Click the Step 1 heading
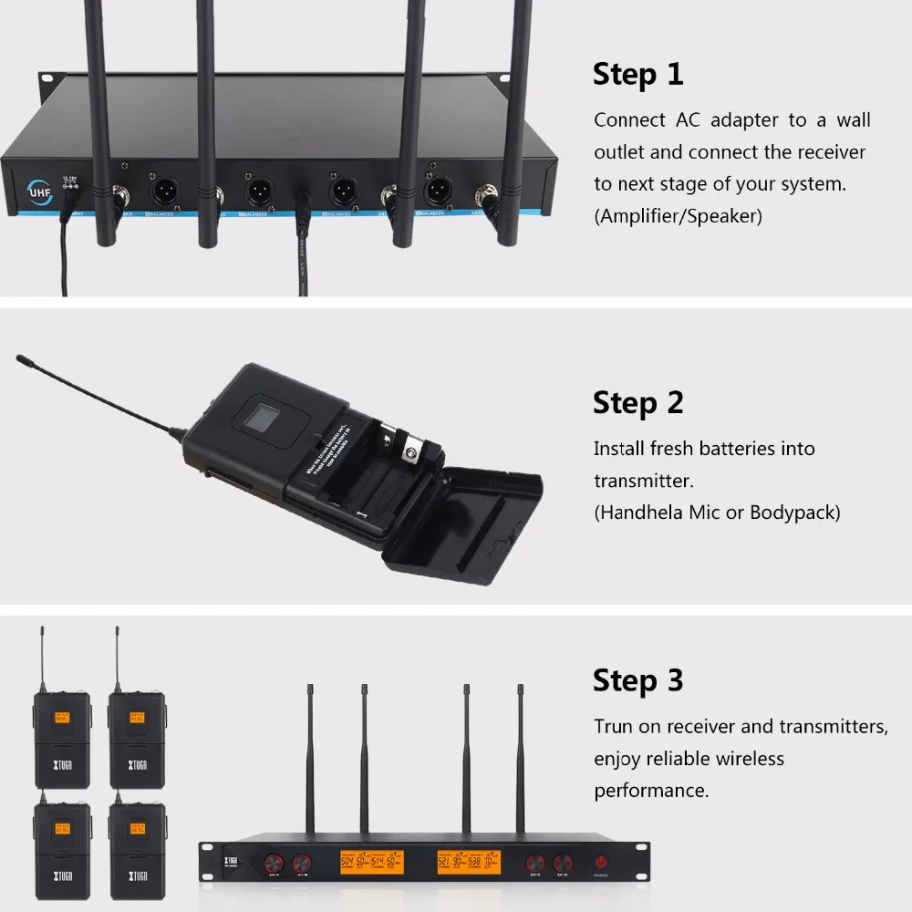coord(637,74)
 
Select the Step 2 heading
coord(637,402)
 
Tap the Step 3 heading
coord(637,680)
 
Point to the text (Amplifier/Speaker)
coord(678,216)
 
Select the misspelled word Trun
coord(614,727)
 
